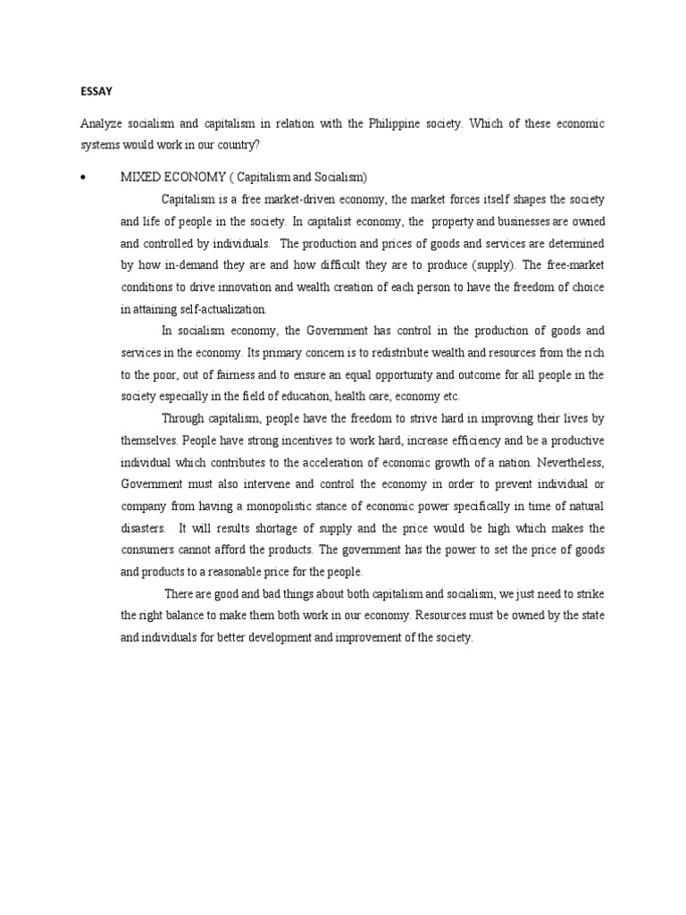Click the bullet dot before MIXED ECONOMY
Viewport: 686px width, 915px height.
pos(82,177)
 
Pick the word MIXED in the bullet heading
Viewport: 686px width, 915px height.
pos(138,177)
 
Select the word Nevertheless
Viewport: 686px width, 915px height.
pos(572,462)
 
